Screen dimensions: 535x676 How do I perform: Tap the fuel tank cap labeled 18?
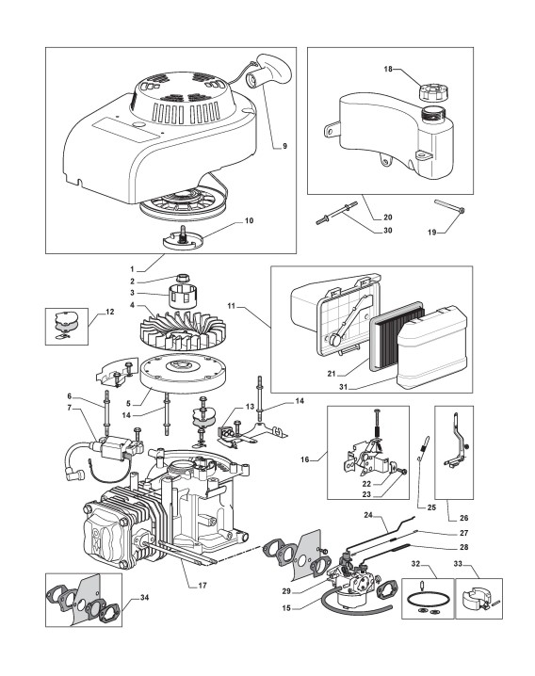click(x=432, y=90)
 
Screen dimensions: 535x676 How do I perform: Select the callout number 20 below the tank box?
click(x=387, y=217)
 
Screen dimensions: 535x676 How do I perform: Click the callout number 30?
click(x=387, y=231)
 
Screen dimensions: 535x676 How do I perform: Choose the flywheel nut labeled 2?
click(x=184, y=278)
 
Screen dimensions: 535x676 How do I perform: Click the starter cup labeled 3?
click(x=182, y=296)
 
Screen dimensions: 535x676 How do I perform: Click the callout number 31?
click(x=343, y=387)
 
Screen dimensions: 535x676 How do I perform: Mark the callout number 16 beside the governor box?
click(x=305, y=459)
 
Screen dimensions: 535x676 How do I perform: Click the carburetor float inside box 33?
click(x=475, y=598)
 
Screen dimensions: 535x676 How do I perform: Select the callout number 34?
click(x=145, y=598)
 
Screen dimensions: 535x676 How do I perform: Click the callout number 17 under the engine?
click(x=202, y=585)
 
